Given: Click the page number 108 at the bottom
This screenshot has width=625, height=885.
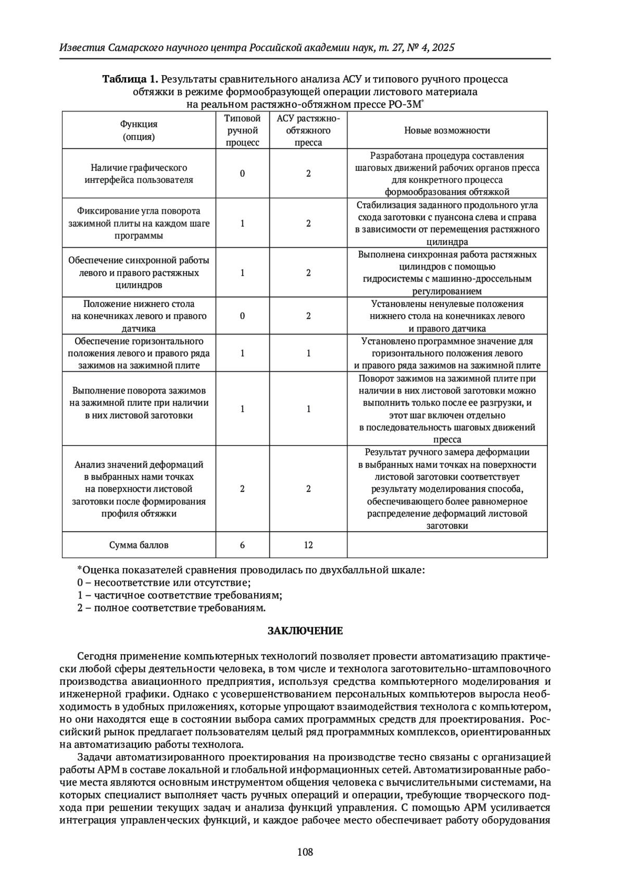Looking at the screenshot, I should (305, 852).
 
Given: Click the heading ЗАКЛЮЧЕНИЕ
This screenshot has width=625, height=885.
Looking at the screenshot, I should (305, 631).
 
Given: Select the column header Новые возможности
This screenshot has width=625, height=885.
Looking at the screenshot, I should (447, 130).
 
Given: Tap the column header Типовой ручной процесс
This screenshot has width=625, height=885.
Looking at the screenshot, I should (242, 130).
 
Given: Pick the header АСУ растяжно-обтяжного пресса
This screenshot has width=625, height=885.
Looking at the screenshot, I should (308, 130).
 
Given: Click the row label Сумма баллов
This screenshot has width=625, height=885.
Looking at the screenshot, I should (139, 545).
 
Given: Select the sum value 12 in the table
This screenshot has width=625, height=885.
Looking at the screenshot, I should (308, 545).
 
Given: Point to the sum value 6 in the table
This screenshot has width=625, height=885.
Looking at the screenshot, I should (242, 545).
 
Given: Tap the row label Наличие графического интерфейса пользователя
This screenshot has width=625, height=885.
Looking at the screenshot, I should (139, 174).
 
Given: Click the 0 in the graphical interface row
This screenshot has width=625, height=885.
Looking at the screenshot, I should (242, 174).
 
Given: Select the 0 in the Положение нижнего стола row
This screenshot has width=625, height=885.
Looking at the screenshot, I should (242, 316).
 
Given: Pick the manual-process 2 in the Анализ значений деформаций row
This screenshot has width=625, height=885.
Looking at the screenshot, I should (242, 489).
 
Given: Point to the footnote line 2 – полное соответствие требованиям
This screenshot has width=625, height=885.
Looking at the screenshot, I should (172, 608).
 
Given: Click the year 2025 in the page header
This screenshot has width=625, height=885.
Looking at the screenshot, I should (443, 48).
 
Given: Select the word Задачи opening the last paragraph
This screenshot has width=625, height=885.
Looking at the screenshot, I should (94, 757).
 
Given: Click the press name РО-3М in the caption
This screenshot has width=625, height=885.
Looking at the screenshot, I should (405, 104).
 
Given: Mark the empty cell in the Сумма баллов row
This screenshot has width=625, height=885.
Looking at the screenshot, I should (447, 545).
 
